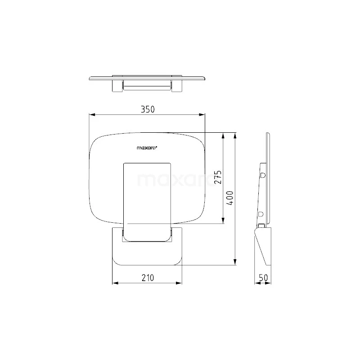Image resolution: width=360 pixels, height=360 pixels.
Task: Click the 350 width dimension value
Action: click(x=148, y=109)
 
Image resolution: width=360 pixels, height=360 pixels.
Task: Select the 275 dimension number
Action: click(x=218, y=177)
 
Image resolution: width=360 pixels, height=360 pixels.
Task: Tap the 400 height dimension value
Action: click(x=230, y=198)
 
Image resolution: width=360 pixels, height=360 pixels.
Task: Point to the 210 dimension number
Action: click(x=148, y=278)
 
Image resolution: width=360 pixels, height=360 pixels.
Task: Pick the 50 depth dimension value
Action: click(x=263, y=278)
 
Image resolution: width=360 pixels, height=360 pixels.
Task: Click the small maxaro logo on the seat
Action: click(x=147, y=148)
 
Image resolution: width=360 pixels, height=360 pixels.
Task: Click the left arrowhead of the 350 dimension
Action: click(x=92, y=115)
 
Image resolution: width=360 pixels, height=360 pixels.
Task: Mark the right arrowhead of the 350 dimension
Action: click(x=202, y=115)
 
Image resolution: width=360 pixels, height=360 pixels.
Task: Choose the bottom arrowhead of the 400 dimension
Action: click(x=235, y=262)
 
